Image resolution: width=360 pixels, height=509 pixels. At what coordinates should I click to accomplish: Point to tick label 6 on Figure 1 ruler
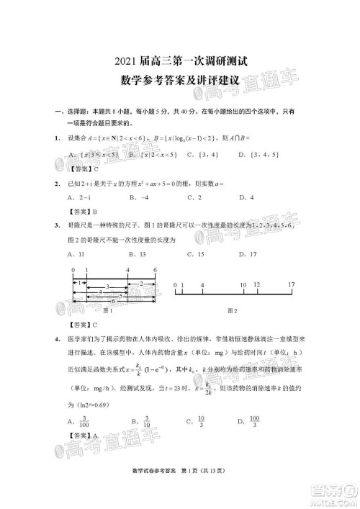point(154,269)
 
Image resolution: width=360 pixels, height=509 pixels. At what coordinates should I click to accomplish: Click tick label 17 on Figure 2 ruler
point(292,285)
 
